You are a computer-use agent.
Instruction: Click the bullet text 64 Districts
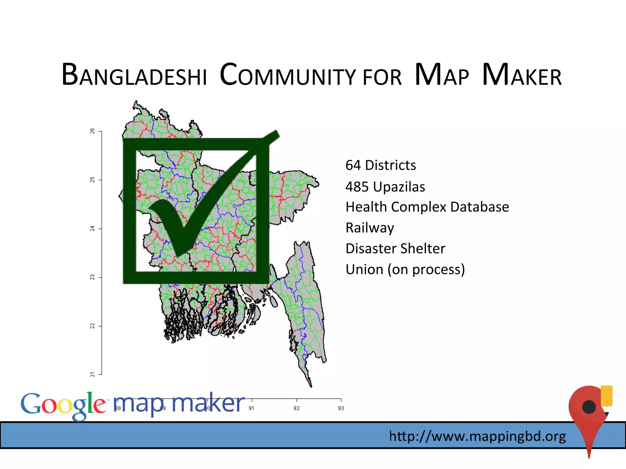(x=381, y=165)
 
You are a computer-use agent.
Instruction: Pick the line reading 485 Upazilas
(x=385, y=187)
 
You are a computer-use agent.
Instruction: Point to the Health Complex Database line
(x=427, y=207)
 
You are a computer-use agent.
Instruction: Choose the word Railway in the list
(x=370, y=228)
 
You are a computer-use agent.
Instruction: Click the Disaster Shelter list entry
(x=395, y=249)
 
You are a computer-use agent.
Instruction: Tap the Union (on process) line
(x=405, y=270)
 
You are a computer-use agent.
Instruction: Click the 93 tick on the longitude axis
(x=341, y=408)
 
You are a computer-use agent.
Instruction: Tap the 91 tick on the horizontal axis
(x=252, y=408)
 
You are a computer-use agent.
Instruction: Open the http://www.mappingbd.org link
(x=477, y=436)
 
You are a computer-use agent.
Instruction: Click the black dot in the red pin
(x=589, y=407)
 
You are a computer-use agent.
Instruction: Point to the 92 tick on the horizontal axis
(x=296, y=408)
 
